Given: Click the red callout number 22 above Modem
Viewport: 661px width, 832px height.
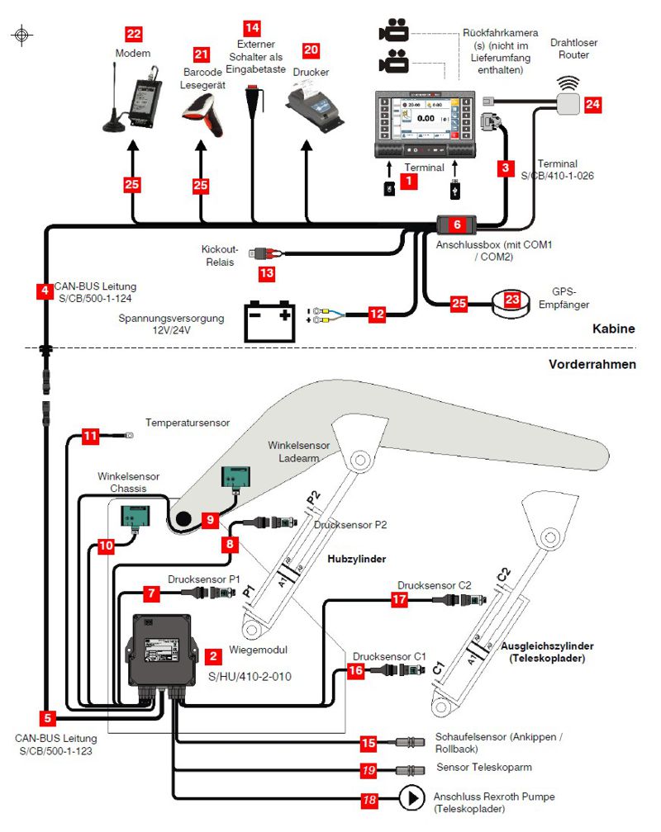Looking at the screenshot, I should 133,34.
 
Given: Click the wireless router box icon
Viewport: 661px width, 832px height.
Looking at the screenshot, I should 568,103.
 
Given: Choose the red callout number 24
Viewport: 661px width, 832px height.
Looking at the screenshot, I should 592,105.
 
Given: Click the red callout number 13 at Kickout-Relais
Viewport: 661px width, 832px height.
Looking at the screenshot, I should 265,272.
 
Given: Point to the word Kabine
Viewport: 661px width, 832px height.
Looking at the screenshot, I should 613,329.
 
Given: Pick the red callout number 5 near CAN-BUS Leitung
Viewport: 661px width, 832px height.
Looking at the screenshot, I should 48,717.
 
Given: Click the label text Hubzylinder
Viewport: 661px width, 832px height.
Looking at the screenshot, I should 357,559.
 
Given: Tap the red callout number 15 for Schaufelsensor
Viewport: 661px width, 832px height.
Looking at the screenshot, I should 369,743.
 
